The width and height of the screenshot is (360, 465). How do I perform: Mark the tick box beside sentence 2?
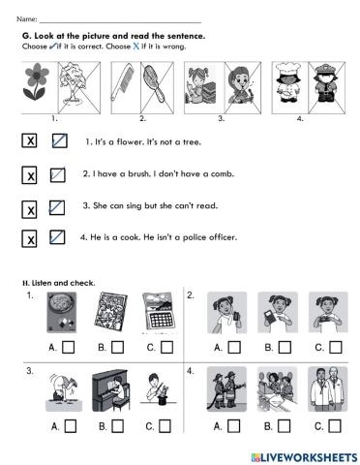[58, 175]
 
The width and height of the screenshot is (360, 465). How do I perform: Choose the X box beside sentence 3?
[30, 208]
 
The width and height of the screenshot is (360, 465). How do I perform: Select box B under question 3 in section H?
[116, 424]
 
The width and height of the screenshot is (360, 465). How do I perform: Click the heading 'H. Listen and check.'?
[58, 282]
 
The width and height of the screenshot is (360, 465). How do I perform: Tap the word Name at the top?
[27, 19]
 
